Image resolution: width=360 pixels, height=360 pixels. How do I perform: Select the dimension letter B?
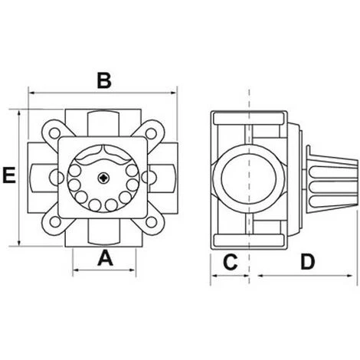tap(106, 79)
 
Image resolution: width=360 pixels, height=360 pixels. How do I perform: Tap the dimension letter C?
tap(229, 263)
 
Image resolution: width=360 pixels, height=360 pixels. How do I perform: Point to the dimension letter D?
tap(307, 263)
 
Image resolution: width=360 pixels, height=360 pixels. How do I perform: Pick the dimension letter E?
tap(9, 178)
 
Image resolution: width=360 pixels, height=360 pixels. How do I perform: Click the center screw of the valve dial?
tap(104, 178)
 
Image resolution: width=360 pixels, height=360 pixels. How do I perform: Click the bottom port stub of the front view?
tap(104, 236)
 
